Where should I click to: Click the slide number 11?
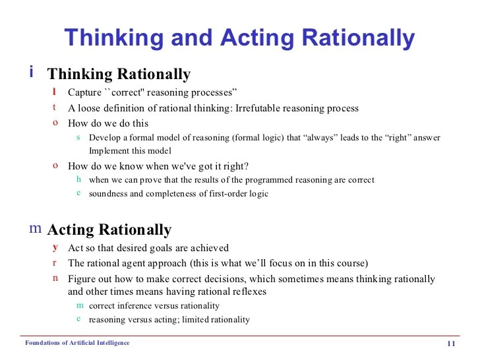pyautogui.click(x=452, y=344)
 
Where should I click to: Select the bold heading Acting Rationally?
pyautogui.click(x=109, y=229)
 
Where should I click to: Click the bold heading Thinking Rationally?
pyautogui.click(x=119, y=73)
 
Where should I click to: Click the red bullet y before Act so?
pyautogui.click(x=55, y=247)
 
